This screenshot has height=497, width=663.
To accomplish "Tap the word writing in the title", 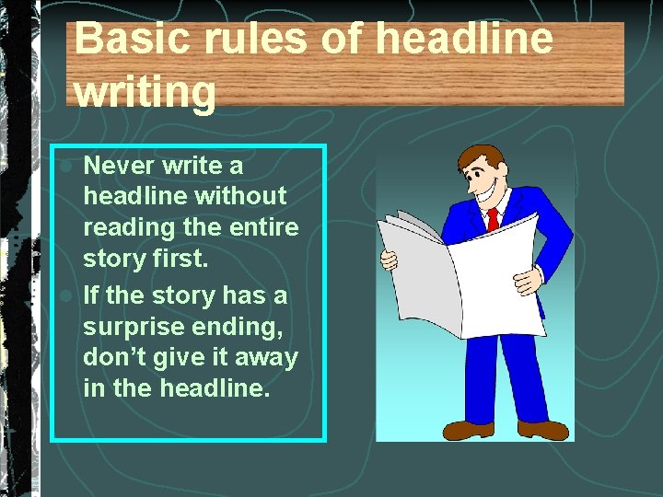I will [145, 92].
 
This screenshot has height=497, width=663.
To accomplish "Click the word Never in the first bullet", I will [119, 166].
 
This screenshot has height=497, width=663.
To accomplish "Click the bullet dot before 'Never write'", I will [66, 167].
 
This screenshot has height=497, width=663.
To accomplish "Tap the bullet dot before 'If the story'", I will [66, 296].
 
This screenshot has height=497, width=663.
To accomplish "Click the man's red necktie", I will [493, 218].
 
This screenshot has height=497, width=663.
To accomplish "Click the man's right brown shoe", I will [542, 430].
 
